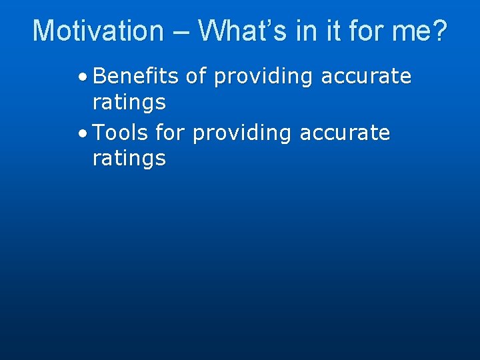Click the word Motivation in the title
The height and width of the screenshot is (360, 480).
pyautogui.click(x=98, y=31)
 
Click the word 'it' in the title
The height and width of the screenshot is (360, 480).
pyautogui.click(x=335, y=31)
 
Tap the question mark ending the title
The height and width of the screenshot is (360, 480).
pyautogui.click(x=439, y=31)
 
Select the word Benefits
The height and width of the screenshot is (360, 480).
pyautogui.click(x=136, y=77)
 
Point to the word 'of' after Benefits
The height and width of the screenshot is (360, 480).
pyautogui.click(x=196, y=77)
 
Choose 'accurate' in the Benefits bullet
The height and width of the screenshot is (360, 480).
pyautogui.click(x=366, y=77)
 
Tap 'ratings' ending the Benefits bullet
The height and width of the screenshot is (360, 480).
pyautogui.click(x=129, y=103)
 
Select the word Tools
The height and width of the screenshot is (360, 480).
pyautogui.click(x=121, y=133)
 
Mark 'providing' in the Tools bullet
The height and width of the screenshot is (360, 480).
pyautogui.click(x=242, y=134)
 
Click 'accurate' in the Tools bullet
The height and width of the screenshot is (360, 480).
pyautogui.click(x=345, y=133)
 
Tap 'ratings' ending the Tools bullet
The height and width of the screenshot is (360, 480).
pyautogui.click(x=129, y=159)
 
